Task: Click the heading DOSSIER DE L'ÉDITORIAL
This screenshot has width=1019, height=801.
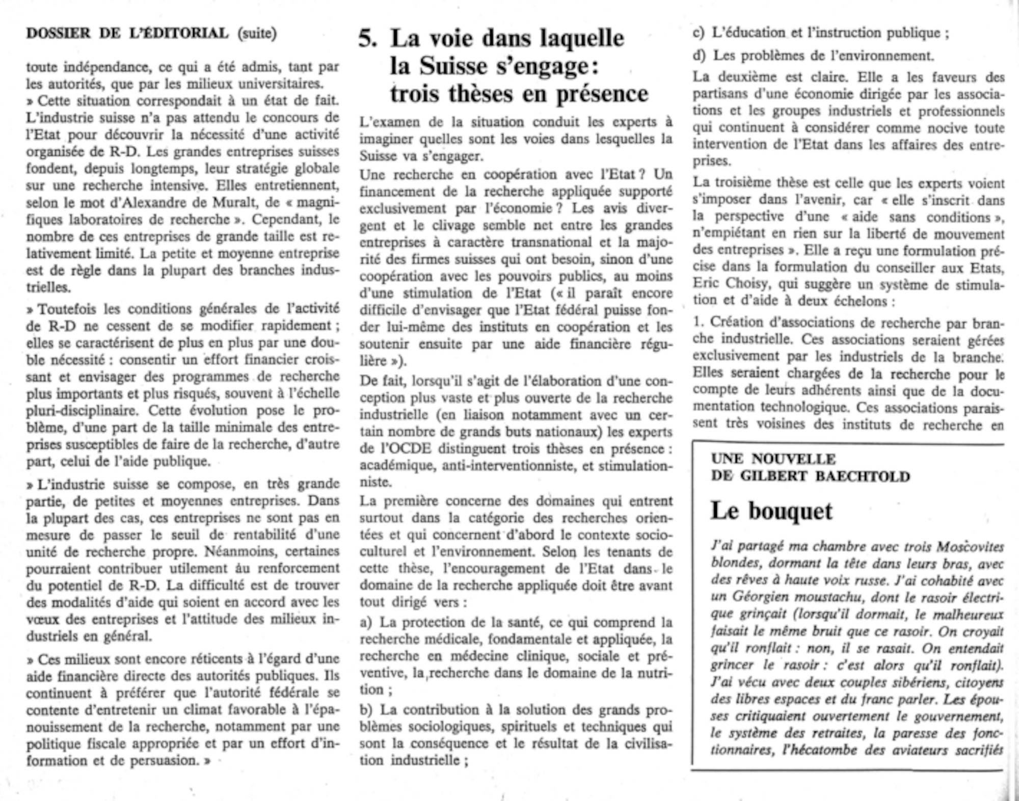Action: [x=127, y=34]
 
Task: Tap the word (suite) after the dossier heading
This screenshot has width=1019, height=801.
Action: [x=257, y=34]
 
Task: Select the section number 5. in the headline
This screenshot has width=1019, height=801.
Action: [x=368, y=39]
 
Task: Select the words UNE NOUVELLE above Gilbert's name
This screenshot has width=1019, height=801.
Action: [x=773, y=459]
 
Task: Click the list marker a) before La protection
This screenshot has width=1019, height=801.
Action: [x=366, y=623]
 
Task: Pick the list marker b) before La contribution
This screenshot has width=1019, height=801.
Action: [x=366, y=710]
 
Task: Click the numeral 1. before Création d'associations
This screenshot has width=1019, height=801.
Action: [x=698, y=323]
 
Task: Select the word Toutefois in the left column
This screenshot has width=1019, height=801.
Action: [x=68, y=309]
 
